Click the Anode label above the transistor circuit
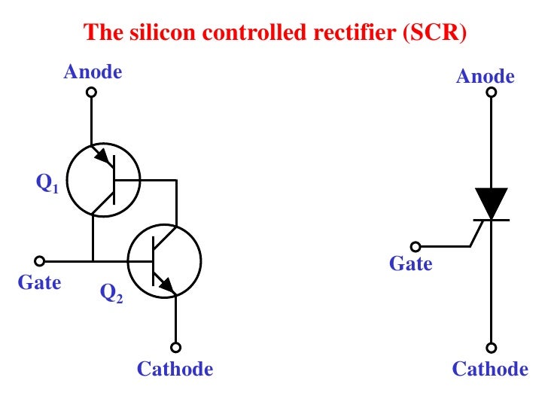(x=93, y=72)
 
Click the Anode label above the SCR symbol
(x=486, y=76)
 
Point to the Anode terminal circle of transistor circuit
(x=91, y=93)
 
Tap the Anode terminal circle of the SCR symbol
(x=491, y=93)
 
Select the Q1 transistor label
(x=47, y=184)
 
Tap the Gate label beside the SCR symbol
(x=411, y=263)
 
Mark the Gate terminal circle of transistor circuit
(x=40, y=261)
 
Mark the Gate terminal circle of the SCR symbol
(x=415, y=246)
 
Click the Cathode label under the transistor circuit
(x=175, y=369)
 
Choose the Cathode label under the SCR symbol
(x=490, y=369)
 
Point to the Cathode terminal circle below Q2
(x=175, y=348)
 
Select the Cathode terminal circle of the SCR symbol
(x=491, y=348)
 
